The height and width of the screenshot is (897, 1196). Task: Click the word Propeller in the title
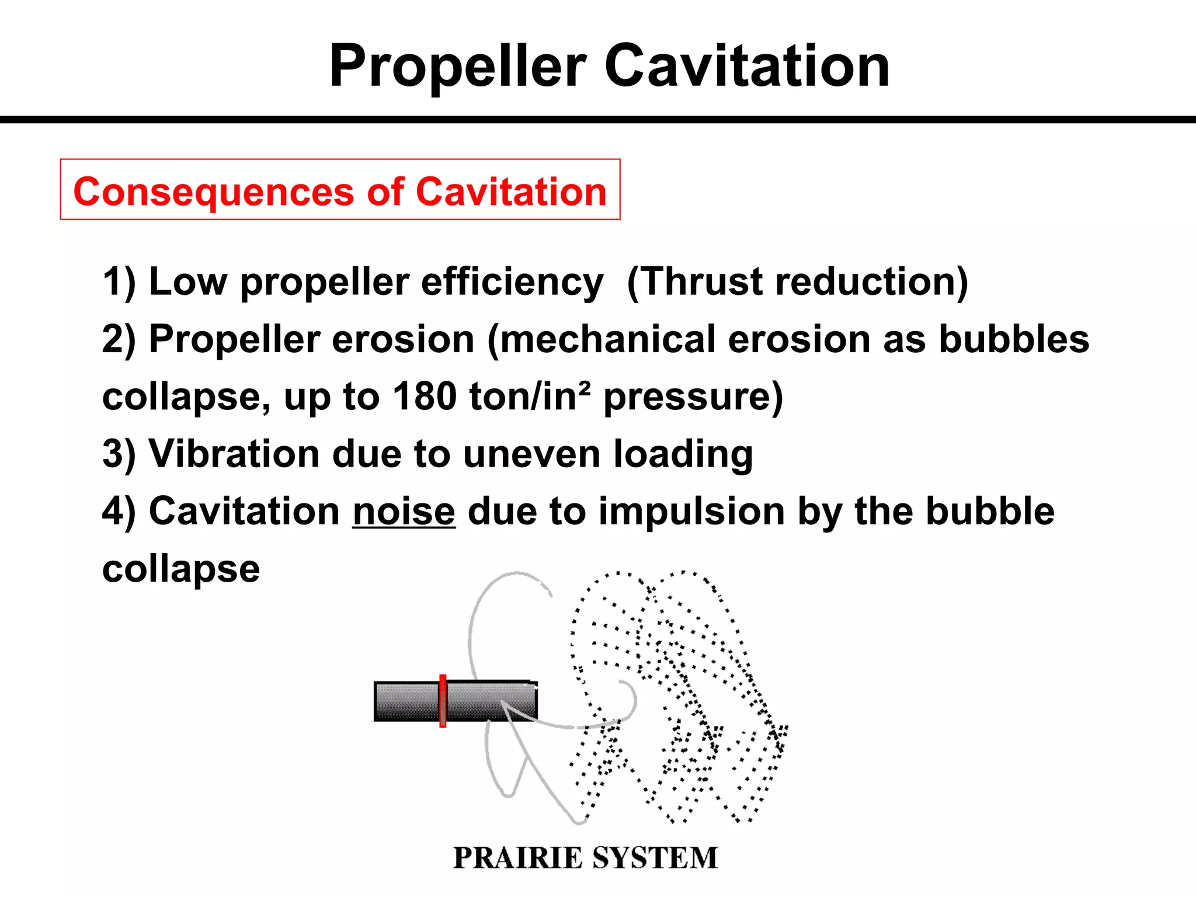[458, 68]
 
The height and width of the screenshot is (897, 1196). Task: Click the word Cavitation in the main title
[747, 67]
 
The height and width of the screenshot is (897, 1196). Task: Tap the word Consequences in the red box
[214, 193]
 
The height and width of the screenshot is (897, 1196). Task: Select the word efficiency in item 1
[512, 283]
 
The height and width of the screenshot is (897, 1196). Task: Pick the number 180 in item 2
[425, 397]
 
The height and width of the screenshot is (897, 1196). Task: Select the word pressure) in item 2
[693, 397]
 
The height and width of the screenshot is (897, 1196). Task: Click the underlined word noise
[404, 512]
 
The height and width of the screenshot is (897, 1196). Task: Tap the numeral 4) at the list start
[119, 512]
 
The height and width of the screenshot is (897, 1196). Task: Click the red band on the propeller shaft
[443, 701]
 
